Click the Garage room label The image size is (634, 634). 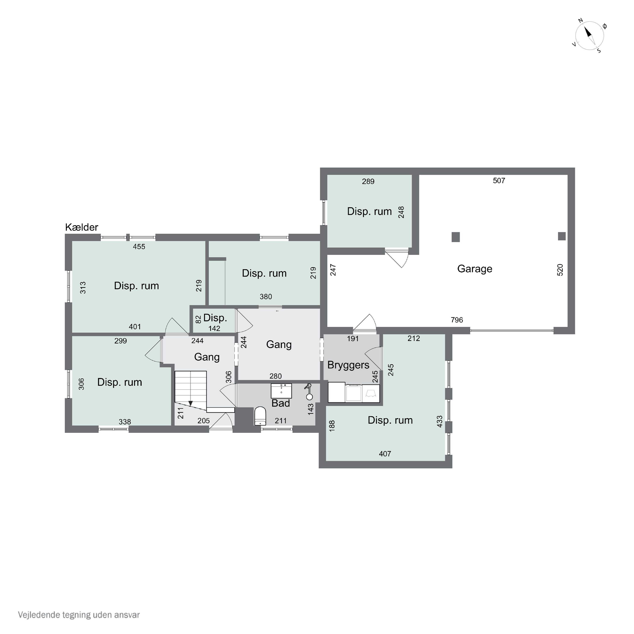(x=474, y=269)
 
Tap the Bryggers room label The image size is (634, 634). (x=348, y=365)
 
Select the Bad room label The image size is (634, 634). (x=281, y=403)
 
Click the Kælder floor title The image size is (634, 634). (x=82, y=227)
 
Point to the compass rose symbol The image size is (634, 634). (x=590, y=36)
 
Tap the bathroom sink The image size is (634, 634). (x=281, y=391)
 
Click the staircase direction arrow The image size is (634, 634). (x=190, y=403)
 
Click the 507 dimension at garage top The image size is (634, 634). (x=499, y=180)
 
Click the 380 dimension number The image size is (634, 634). (x=266, y=297)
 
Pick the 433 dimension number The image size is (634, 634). (x=440, y=421)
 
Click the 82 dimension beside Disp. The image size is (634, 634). (x=198, y=319)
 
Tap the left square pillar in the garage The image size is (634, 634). (x=455, y=237)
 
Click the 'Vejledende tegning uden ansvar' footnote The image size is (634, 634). (x=79, y=615)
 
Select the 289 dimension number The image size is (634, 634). (x=368, y=182)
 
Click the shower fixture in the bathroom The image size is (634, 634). (x=309, y=391)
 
